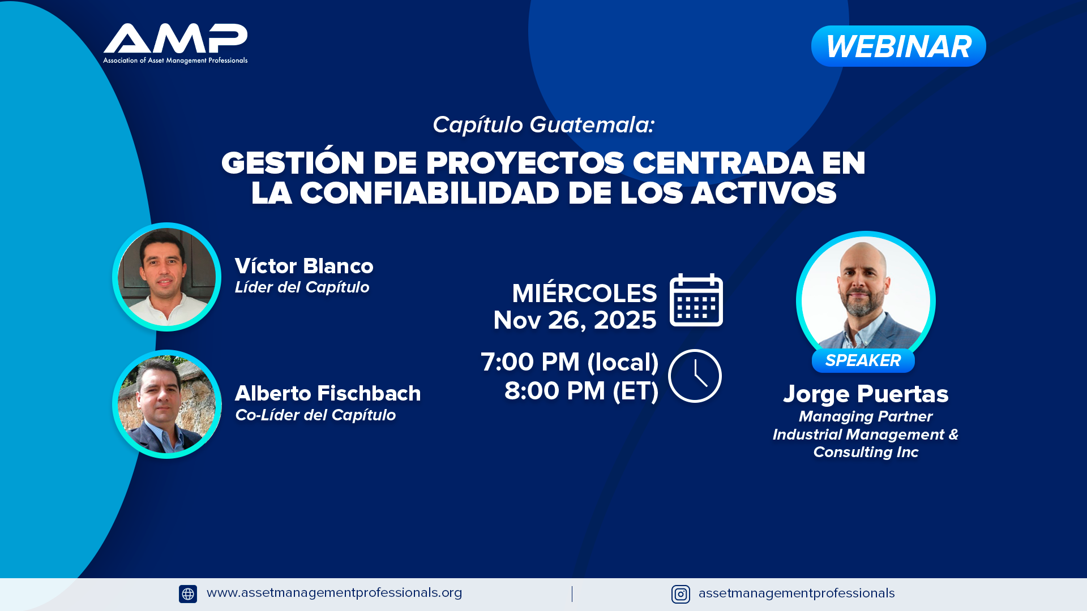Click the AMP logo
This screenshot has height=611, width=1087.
tap(175, 44)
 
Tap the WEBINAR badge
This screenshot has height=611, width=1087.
tap(898, 46)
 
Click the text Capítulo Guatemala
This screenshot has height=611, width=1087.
tap(543, 124)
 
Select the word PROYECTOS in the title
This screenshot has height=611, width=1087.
tap(525, 163)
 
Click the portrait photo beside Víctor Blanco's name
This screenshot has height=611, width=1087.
tap(166, 277)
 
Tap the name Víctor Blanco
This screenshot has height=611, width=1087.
tap(304, 266)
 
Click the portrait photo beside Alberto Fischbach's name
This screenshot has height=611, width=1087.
tap(166, 404)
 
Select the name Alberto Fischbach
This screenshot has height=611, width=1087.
tap(328, 393)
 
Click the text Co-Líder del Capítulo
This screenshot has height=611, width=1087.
tap(315, 415)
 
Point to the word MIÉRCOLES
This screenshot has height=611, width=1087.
tap(584, 292)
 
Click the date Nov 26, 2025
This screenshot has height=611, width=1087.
tap(575, 320)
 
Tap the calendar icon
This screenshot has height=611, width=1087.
tap(696, 300)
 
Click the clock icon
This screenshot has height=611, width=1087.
tap(695, 376)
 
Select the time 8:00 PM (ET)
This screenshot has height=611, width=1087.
tap(581, 391)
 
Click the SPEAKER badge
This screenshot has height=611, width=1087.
tap(863, 360)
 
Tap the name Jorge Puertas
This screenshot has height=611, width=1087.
tap(866, 394)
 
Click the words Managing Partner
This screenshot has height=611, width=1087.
tap(866, 416)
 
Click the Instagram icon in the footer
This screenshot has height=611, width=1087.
tap(681, 594)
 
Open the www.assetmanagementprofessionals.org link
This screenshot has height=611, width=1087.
tap(334, 592)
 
